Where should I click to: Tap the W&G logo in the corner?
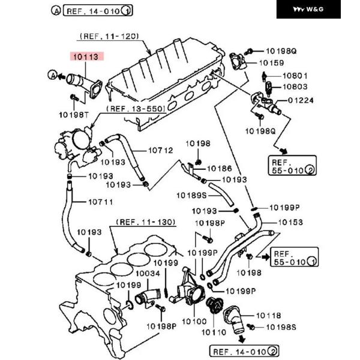tap(308, 10)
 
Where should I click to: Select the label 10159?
tap(272, 62)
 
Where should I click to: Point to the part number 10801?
tap(295, 76)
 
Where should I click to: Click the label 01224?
tap(301, 100)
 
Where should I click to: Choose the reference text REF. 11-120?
tap(111, 36)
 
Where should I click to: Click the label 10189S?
tap(191, 195)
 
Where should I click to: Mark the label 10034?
tap(148, 274)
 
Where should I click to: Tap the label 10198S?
tap(281, 327)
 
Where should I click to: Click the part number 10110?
tap(214, 332)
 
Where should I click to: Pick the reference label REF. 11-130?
tap(146, 222)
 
